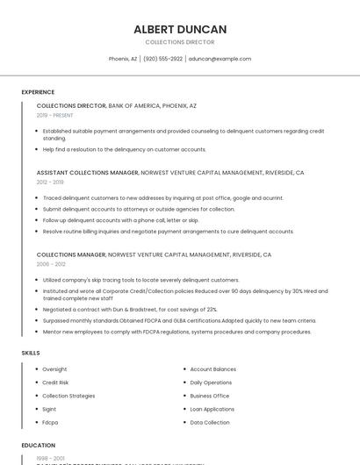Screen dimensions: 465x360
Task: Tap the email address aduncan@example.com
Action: (220, 59)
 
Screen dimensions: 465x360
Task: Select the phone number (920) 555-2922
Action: (162, 59)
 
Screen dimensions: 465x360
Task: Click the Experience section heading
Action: (38, 92)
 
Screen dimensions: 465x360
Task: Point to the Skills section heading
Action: (31, 353)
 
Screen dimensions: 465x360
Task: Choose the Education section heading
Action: (38, 446)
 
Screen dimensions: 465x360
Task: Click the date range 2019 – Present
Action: (54, 115)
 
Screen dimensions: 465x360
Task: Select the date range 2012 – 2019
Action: (50, 182)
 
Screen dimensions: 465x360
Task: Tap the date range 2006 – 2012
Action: (51, 264)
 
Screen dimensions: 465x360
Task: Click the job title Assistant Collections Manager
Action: (87, 173)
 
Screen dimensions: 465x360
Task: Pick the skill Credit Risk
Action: (55, 383)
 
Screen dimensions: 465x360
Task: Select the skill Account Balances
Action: (212, 369)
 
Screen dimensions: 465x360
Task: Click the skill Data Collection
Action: (210, 422)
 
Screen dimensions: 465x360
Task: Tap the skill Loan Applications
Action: (212, 409)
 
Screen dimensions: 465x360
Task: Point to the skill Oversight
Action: (54, 369)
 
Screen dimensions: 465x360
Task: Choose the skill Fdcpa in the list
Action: (50, 422)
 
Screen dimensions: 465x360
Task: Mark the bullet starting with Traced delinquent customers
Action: (162, 198)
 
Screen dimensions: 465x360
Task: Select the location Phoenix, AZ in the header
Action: (123, 59)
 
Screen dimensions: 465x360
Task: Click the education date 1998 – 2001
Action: (49, 458)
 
